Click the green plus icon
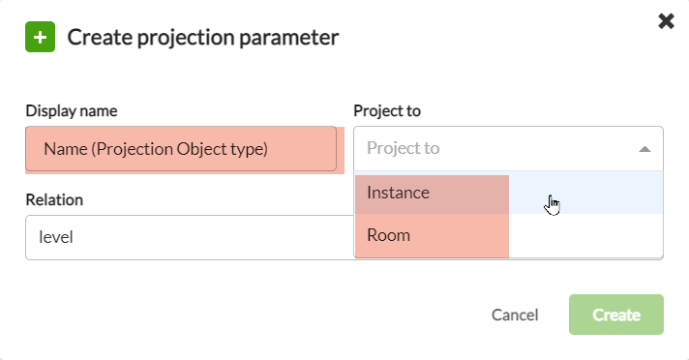point(40,39)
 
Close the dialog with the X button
point(666,21)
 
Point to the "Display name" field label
point(72,111)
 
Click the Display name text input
point(181,149)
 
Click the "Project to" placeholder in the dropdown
point(404,148)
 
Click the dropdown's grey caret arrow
point(644,149)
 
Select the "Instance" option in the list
point(399,193)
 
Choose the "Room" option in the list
point(389,235)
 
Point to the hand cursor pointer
point(552,204)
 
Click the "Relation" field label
point(54,199)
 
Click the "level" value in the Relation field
point(56,236)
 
